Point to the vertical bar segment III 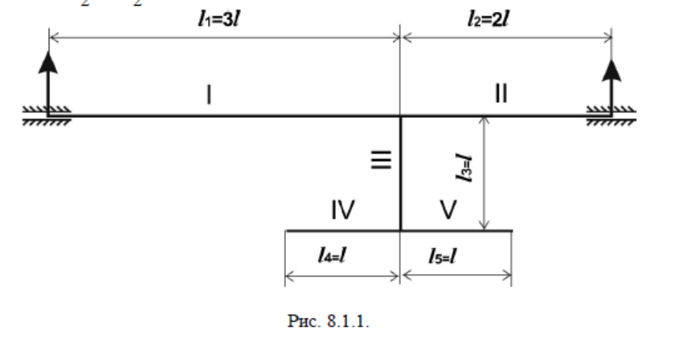pos(401,173)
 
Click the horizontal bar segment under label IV pos(343,231)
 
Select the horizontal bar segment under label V pos(456,231)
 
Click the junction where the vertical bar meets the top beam pos(401,116)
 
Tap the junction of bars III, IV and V pos(401,231)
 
